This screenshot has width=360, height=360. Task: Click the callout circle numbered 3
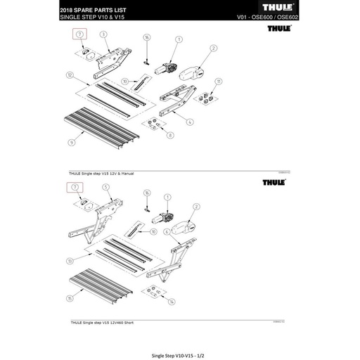[x=103, y=34]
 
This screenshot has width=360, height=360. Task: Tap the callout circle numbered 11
[x=219, y=82]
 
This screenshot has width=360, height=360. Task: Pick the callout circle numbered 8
[x=170, y=134]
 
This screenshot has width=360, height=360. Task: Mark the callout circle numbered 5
[x=105, y=187]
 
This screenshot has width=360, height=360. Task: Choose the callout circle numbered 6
[x=167, y=231]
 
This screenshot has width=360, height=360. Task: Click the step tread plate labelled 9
[x=98, y=127]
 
